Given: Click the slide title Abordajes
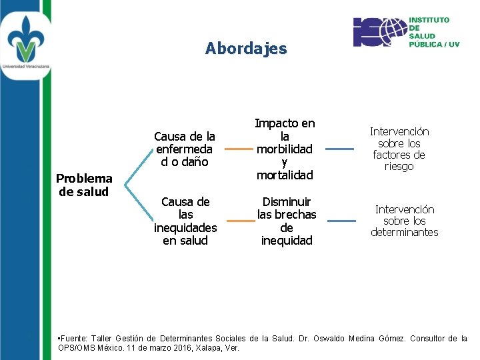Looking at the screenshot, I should click(246, 49).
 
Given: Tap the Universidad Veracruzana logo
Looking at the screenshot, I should click(25, 40).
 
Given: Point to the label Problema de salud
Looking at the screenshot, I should click(84, 185).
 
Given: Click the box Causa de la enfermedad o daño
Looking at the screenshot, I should click(185, 149).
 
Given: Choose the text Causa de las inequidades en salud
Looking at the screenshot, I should click(185, 221).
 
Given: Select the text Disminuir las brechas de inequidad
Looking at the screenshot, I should click(287, 221).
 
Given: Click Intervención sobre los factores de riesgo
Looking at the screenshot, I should click(399, 149).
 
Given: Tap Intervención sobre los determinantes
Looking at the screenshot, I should click(405, 221).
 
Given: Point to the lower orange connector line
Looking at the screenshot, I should click(241, 221).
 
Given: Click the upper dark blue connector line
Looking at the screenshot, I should click(339, 149).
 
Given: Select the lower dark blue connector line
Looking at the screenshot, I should click(341, 221).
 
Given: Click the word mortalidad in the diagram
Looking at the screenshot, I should click(285, 175).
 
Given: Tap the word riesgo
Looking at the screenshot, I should click(399, 167).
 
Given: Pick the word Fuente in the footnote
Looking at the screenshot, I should click(75, 339).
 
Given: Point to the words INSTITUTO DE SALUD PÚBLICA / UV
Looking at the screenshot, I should click(434, 32).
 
